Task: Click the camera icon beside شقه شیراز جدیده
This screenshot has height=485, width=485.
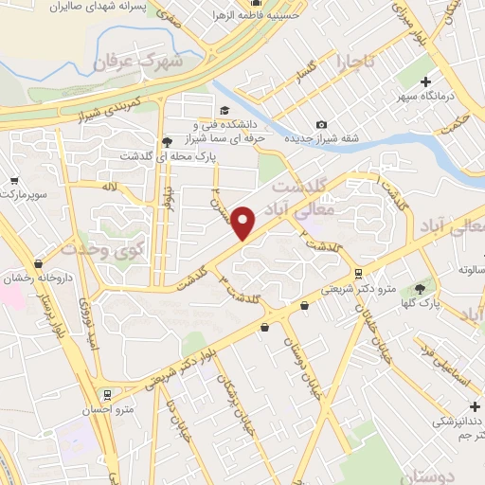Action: tap(322, 125)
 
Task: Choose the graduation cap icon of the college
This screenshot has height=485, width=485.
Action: tap(224, 111)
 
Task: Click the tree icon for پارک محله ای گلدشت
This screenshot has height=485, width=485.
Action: tap(167, 141)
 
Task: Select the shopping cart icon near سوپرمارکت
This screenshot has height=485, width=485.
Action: tap(14, 180)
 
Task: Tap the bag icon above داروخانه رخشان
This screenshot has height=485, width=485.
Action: tap(38, 263)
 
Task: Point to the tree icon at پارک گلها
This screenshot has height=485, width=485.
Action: tap(419, 288)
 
